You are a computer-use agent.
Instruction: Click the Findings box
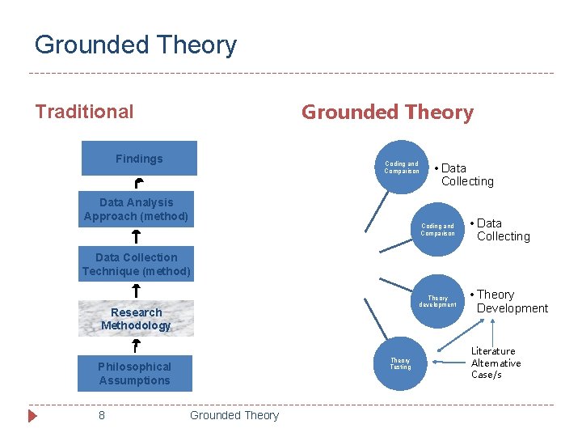point(139,159)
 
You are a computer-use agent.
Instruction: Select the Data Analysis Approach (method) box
point(136,210)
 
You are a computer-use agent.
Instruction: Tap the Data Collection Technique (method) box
point(136,265)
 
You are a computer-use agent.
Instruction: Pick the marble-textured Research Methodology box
point(136,319)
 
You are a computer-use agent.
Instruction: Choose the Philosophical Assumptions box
point(135,373)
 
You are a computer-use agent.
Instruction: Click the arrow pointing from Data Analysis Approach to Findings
point(138,184)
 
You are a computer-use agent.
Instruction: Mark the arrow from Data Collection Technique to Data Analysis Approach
point(136,236)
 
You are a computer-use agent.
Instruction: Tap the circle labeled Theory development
point(437,301)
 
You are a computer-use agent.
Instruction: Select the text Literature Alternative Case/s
point(496,363)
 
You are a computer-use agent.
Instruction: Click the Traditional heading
point(84,112)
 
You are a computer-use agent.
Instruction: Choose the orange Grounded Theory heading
point(387,112)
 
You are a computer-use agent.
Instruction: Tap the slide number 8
point(102,415)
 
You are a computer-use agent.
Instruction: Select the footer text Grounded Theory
point(234,415)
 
